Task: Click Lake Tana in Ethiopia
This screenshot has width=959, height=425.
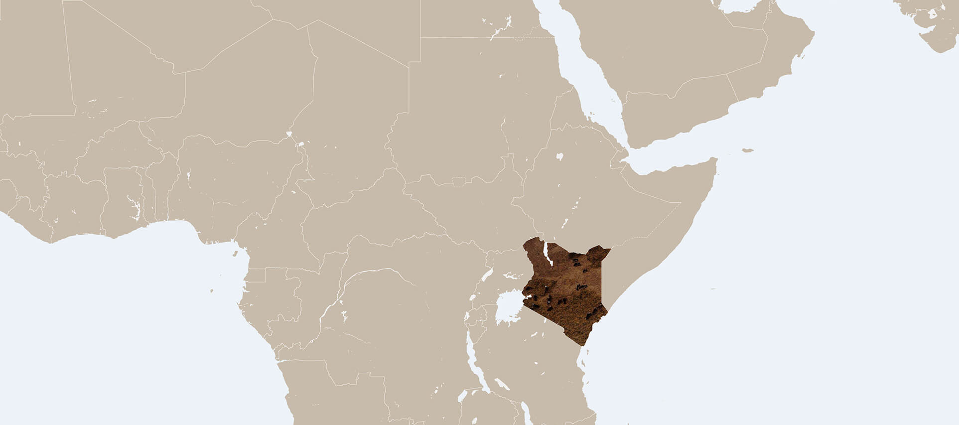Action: click(559, 156)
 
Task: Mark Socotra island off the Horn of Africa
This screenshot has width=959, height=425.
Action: click(747, 150)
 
